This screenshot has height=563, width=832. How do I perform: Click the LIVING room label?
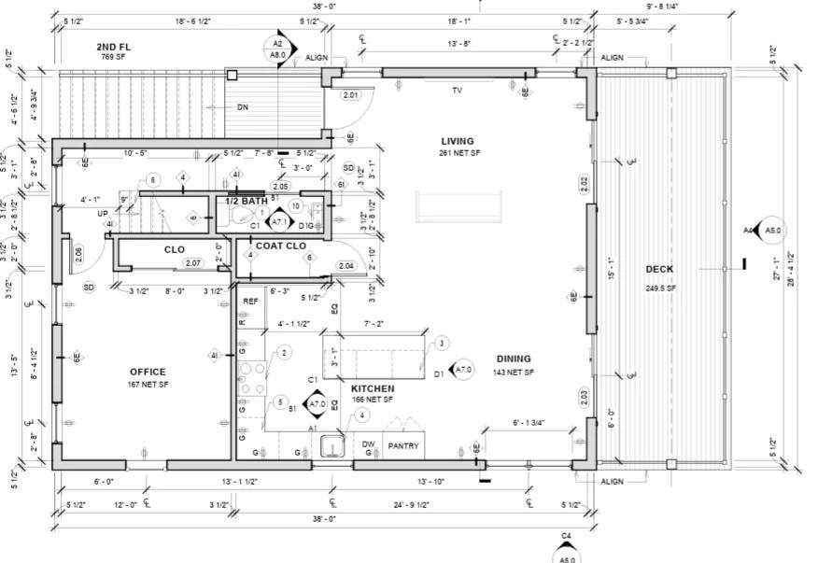coord(458,141)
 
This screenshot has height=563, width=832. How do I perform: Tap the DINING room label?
coord(514,359)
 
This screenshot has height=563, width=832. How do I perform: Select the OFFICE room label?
coord(148,372)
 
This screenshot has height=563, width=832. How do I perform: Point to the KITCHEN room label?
coord(373,388)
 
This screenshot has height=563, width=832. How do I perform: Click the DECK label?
coord(659,270)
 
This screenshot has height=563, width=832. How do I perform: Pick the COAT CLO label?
coord(281,246)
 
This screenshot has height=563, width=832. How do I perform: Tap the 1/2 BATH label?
coord(246,202)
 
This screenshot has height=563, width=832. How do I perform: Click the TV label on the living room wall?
coord(458,91)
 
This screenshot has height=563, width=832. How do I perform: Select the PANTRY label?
coord(402,446)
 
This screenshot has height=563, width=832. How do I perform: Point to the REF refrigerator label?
coord(250,302)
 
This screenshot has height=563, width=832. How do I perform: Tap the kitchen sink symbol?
coord(331,446)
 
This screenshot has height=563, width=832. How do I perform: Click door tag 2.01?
coord(351,95)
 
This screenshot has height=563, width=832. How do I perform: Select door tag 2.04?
coord(346,266)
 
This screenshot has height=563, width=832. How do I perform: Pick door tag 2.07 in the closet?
coord(193,263)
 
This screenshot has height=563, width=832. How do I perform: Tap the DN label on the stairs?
coord(243,107)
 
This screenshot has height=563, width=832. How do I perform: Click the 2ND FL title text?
coord(113,46)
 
